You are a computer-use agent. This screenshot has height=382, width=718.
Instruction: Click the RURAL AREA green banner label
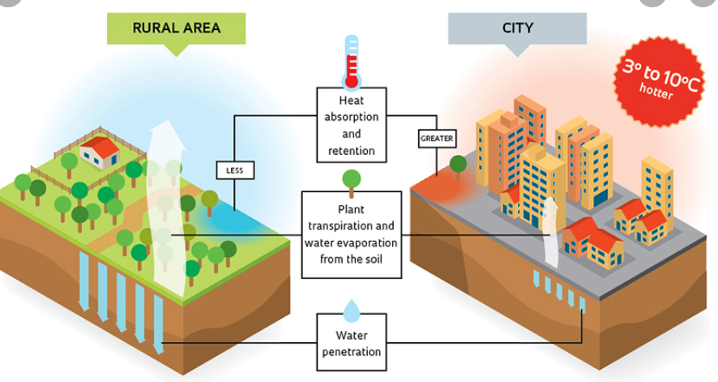click(x=176, y=28)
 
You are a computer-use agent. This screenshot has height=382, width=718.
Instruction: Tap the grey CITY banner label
click(x=517, y=28)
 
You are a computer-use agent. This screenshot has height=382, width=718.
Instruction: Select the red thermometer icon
click(x=351, y=61)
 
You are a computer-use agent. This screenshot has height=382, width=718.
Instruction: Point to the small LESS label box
click(x=235, y=170)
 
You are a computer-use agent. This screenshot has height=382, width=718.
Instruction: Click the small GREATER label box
click(x=437, y=138)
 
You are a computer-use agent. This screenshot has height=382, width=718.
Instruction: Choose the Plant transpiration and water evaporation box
click(x=351, y=233)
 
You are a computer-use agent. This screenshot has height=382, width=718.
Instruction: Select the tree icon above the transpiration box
click(x=351, y=180)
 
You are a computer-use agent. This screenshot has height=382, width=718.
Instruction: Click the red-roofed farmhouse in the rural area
click(x=99, y=152)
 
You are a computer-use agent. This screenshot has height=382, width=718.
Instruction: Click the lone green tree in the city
click(x=458, y=165)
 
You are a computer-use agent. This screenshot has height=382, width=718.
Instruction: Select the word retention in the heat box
click(x=351, y=151)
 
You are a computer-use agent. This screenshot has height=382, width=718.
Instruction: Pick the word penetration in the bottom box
click(x=351, y=352)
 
